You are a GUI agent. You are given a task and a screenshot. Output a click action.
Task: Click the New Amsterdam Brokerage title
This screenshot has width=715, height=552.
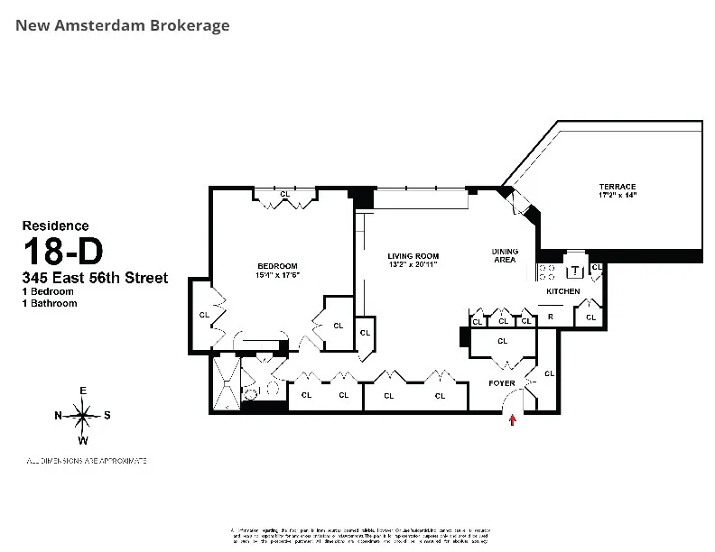tap(123, 25)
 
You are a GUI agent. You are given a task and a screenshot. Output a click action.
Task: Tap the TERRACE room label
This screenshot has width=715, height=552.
tap(617, 186)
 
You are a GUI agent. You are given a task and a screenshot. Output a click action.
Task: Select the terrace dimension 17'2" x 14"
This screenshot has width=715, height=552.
tap(617, 196)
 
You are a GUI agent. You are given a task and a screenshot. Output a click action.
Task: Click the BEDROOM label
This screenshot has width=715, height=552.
tap(278, 265)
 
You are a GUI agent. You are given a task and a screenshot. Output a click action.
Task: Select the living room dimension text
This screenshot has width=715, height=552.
tap(412, 264)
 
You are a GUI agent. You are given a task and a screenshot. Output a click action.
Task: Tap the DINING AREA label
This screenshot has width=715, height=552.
tap(504, 255)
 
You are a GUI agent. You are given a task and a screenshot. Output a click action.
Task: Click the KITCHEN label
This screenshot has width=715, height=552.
tap(562, 292)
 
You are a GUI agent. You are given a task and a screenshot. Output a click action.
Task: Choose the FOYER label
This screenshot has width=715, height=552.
tap(503, 382)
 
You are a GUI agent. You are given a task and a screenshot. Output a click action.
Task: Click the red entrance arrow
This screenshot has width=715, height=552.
tap(514, 419)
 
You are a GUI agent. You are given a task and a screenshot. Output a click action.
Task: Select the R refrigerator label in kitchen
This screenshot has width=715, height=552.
tap(550, 317)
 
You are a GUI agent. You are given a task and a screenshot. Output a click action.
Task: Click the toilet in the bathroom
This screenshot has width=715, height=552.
tap(253, 390)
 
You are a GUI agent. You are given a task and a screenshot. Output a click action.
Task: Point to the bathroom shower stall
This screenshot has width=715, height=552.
tap(226, 383)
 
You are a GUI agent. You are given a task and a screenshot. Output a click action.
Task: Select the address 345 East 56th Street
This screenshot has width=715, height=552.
tap(95, 279)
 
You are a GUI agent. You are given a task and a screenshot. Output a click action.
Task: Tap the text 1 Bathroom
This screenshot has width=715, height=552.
tap(50, 304)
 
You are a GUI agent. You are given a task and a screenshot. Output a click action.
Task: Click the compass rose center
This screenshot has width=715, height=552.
tap(83, 416)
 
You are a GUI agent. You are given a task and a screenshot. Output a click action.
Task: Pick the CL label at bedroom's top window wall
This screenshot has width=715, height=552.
tap(284, 194)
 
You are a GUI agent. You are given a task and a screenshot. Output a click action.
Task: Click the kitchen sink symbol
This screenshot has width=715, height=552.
tap(574, 271)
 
